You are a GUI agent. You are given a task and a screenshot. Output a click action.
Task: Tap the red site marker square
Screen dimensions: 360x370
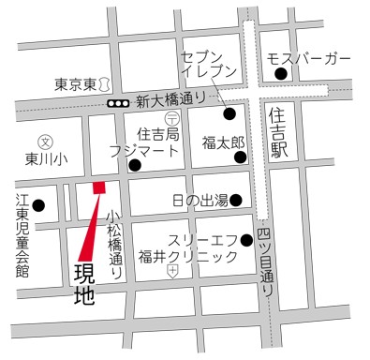coord(98,187)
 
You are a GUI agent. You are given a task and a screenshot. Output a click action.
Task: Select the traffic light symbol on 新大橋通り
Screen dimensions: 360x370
coord(117,102)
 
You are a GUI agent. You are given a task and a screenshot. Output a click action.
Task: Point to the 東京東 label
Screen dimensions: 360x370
coord(74,83)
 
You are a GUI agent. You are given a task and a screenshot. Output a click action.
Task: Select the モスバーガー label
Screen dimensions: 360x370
coord(309,60)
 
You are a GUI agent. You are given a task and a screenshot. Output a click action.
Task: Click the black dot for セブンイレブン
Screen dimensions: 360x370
coord(229,114)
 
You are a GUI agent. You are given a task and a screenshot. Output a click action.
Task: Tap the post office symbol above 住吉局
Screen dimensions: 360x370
coord(171,118)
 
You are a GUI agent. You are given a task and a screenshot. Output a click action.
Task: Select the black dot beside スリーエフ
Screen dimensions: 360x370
coord(246,240)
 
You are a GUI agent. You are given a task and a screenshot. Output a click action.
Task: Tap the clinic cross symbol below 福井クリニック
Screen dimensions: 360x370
coord(172,272)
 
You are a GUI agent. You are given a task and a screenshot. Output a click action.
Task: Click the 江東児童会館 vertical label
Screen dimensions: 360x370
coord(22,235)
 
